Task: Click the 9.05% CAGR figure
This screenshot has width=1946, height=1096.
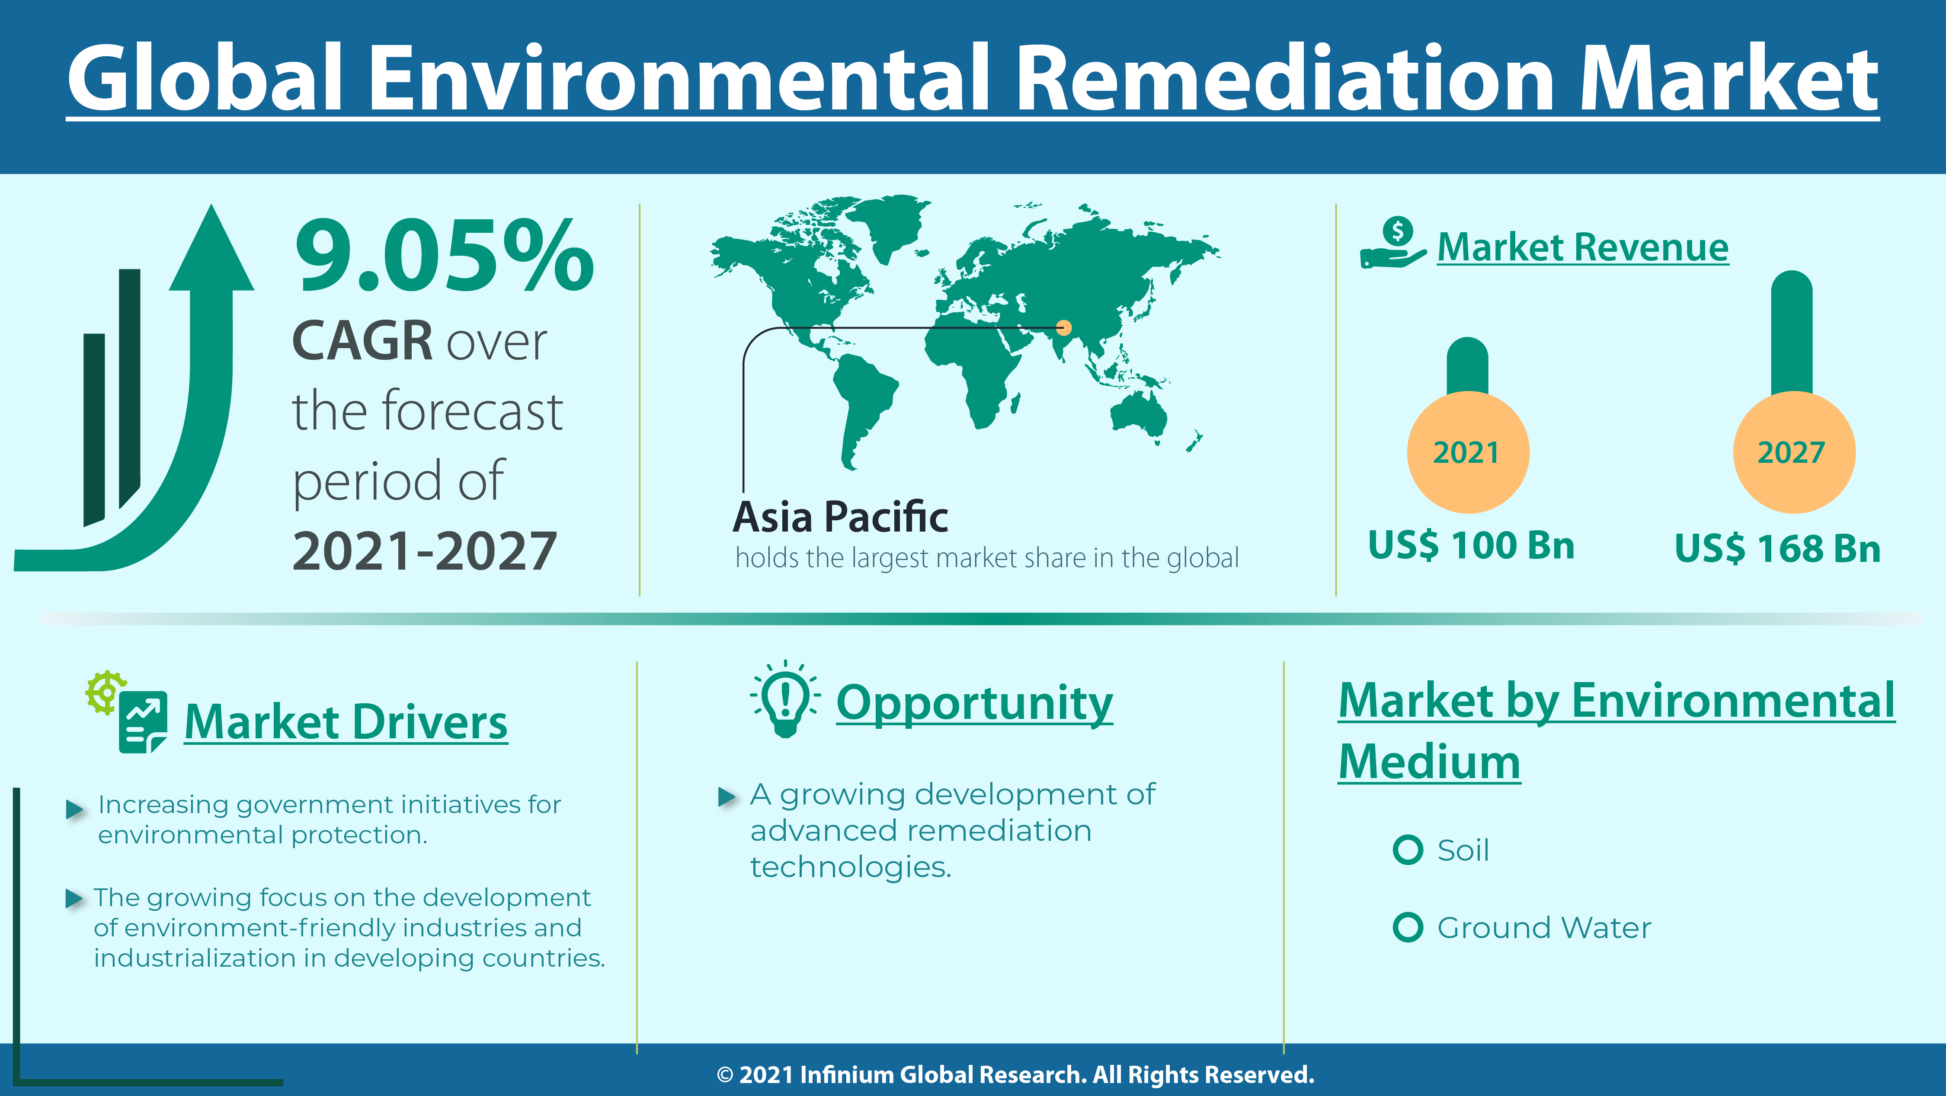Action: (x=444, y=255)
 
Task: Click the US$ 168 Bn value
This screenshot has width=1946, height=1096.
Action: (x=1777, y=548)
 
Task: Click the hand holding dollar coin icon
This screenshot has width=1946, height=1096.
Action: (x=1393, y=243)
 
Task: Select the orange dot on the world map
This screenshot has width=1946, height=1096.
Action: (x=1064, y=327)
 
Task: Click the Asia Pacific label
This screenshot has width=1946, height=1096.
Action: (x=840, y=517)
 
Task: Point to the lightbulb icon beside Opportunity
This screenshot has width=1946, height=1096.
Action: (x=785, y=699)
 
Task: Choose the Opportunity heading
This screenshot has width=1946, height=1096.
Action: (x=974, y=703)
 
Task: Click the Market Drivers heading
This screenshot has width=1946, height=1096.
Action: (x=346, y=722)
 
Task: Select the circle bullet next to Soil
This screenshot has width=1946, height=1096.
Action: (x=1407, y=850)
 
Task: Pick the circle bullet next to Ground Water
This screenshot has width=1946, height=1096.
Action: (x=1407, y=928)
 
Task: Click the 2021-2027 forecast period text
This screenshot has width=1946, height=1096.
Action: (x=425, y=551)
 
